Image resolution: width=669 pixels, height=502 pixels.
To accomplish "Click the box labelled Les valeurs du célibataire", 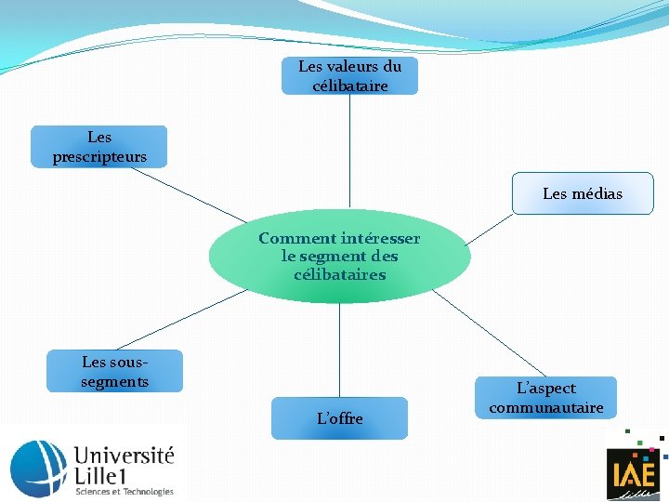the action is pos(349,76).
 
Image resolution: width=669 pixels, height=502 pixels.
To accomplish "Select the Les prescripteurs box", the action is pos(99,147).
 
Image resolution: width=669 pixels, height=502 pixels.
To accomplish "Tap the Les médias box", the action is pos(583,193).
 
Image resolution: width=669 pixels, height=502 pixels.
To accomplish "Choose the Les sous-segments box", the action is pos(114,371).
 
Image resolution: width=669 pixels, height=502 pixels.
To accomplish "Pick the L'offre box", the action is pos(339,418).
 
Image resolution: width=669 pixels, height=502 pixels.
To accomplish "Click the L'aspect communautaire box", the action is pos(546,398).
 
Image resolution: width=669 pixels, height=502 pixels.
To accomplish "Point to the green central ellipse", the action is pos(339,279).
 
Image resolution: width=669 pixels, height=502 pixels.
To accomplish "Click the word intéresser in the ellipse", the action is pos(380,239).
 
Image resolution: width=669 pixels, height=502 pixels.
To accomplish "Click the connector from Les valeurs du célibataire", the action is pos(349,149).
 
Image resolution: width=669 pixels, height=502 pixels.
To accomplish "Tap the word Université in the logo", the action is pos(124,456).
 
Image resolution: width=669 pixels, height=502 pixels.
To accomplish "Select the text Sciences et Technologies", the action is pos(124,491).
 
